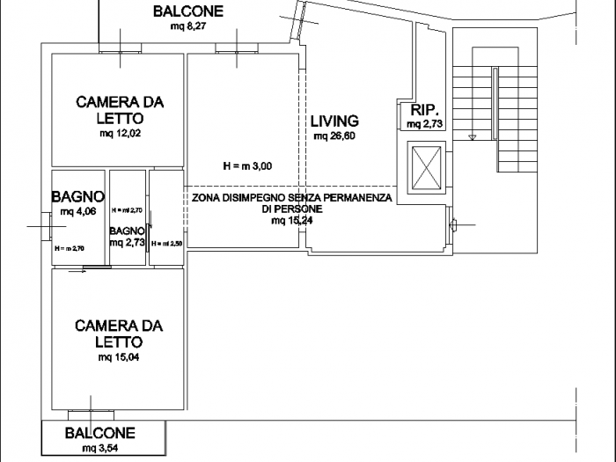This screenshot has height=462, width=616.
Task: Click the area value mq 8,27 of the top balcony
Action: [x=187, y=27]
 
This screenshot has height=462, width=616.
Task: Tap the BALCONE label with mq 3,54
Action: [x=100, y=433]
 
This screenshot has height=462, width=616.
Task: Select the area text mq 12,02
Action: [x=120, y=134]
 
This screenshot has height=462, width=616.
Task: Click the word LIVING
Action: [x=334, y=121]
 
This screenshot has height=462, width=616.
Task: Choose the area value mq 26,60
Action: [x=334, y=136]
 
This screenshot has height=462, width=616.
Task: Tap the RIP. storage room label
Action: [x=425, y=111]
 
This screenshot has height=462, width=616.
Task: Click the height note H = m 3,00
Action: [x=247, y=165]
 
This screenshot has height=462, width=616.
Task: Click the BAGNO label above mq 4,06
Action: [x=77, y=197]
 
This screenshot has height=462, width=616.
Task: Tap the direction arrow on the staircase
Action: [x=473, y=137]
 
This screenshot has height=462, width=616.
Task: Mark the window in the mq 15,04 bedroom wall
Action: [x=91, y=414]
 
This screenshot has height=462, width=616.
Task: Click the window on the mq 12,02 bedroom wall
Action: [x=121, y=51]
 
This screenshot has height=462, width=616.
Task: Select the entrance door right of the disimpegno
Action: [x=453, y=224]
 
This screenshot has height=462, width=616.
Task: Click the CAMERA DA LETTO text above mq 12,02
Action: [x=120, y=110]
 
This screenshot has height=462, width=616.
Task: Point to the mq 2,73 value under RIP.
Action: [x=425, y=125]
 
